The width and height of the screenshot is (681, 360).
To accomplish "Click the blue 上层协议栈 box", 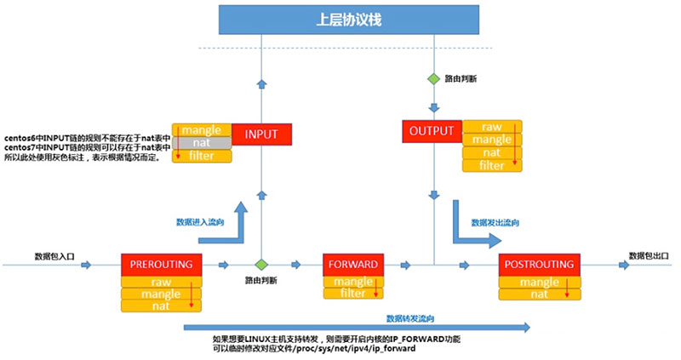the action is pyautogui.click(x=349, y=20).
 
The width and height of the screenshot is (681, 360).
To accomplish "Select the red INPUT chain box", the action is pyautogui.click(x=261, y=134).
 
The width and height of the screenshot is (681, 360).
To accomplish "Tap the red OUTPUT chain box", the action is pyautogui.click(x=432, y=131).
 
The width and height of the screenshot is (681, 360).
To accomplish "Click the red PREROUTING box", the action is pyautogui.click(x=162, y=265).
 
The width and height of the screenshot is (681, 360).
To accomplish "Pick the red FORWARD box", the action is pyautogui.click(x=353, y=265).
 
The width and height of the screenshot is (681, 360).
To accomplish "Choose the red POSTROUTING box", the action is pyautogui.click(x=540, y=265).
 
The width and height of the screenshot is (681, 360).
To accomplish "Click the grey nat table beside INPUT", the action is pyautogui.click(x=202, y=143).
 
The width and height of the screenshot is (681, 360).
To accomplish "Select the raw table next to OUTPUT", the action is pyautogui.click(x=492, y=127).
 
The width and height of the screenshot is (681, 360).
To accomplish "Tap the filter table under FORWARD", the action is pyautogui.click(x=353, y=294).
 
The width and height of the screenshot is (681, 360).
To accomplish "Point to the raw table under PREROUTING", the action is pyautogui.click(x=161, y=282).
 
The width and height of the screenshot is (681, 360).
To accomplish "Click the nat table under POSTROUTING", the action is pyautogui.click(x=540, y=294).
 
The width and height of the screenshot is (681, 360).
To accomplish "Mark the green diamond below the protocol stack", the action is pyautogui.click(x=433, y=79).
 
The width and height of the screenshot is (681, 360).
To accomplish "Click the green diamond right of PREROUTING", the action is pyautogui.click(x=261, y=265).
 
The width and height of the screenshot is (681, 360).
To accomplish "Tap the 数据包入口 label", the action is pyautogui.click(x=54, y=257).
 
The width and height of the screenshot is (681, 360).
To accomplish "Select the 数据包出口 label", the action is pyautogui.click(x=649, y=256).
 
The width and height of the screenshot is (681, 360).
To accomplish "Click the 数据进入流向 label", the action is pyautogui.click(x=200, y=222).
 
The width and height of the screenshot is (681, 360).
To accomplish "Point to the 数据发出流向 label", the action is pyautogui.click(x=495, y=223).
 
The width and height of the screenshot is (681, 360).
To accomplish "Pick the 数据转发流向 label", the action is pyautogui.click(x=410, y=319).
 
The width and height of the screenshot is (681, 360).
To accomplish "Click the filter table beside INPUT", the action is pyautogui.click(x=202, y=156).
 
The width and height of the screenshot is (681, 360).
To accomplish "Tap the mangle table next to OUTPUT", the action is pyautogui.click(x=492, y=140).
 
